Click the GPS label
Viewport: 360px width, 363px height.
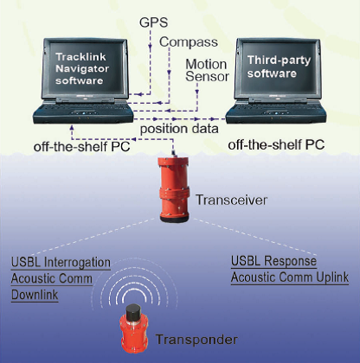(153, 22)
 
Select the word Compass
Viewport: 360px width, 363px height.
(189, 42)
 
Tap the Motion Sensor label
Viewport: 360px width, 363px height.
(207, 70)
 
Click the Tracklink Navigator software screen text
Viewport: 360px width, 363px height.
(82, 68)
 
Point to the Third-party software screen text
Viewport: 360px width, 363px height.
(279, 67)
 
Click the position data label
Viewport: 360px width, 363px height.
(179, 129)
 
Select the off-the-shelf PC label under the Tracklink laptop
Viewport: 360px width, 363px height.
(82, 147)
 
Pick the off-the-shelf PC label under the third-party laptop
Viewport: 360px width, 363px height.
(276, 144)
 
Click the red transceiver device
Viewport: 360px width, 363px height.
(174, 189)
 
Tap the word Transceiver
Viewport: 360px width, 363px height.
(231, 200)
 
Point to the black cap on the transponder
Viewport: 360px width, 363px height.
(133, 311)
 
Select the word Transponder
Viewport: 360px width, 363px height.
(196, 340)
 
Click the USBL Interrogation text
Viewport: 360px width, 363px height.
(61, 263)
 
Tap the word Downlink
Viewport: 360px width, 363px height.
(35, 295)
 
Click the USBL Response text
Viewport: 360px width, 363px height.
(273, 261)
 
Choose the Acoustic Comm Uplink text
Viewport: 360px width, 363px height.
(290, 277)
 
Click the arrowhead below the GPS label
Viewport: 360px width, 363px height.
(150, 47)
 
